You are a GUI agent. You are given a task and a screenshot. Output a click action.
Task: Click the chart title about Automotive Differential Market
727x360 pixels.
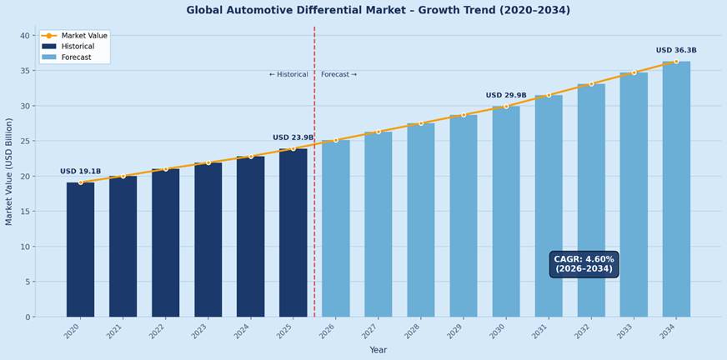point(378,11)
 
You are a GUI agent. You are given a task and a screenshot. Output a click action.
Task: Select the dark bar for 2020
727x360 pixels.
point(80,249)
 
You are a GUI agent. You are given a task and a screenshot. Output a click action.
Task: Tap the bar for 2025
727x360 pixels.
point(293,232)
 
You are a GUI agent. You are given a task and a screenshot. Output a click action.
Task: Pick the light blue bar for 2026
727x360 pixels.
point(336,228)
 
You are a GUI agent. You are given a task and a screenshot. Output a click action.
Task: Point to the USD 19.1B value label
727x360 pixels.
point(80,172)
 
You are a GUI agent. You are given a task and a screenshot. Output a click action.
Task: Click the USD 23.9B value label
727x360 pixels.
point(293,137)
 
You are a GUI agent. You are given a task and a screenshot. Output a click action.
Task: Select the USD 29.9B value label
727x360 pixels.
point(506,96)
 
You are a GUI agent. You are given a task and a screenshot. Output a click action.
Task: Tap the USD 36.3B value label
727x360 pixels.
point(676,51)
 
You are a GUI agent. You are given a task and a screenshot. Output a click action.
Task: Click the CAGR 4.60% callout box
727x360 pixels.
point(584,264)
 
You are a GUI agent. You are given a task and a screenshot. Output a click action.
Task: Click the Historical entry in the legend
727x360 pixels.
point(78,47)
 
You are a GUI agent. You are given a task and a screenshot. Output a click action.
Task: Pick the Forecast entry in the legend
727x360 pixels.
point(76,57)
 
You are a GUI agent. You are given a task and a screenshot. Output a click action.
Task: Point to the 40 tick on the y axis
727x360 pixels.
point(24,36)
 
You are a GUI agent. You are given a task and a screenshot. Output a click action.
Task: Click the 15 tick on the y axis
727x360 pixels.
point(24,212)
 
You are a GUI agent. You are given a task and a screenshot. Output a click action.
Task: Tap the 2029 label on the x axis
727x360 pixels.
point(456,332)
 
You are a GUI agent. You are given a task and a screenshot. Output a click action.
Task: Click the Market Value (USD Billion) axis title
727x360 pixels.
point(9,171)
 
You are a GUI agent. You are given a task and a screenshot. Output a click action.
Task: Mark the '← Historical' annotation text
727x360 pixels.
point(288,75)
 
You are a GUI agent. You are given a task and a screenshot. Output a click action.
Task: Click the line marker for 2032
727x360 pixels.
point(591,84)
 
